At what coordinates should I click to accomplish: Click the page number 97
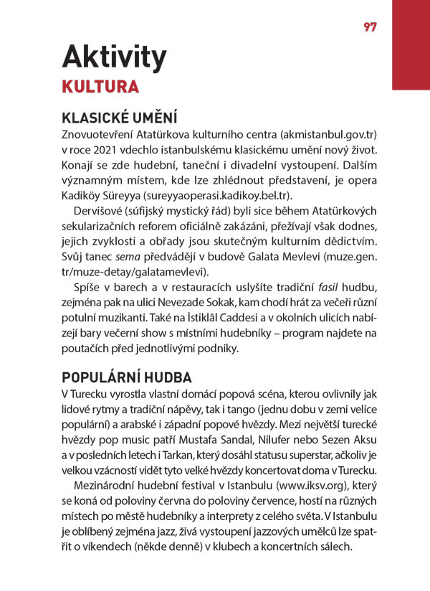370,27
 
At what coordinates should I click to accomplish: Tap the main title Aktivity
114,57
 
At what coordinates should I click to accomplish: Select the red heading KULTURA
100,88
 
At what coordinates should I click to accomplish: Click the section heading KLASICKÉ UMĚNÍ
120,118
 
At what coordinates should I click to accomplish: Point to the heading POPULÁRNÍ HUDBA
127,377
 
